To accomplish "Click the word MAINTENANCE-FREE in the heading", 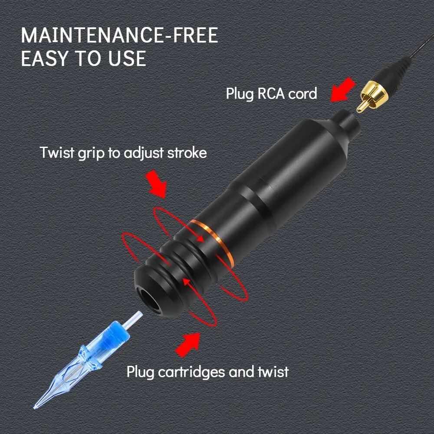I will point(119,36).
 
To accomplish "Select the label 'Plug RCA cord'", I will point(271,93).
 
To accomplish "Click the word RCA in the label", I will point(272,93).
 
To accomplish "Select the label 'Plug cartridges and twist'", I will point(207,372).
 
